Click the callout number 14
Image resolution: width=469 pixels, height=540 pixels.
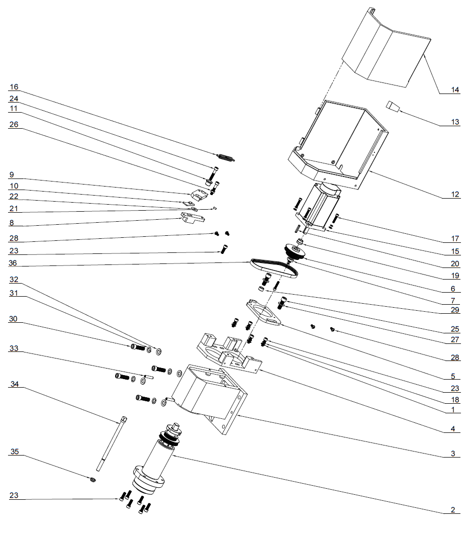454,91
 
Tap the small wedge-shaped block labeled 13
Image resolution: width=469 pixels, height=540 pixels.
394,107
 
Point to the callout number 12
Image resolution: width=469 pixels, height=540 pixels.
454,195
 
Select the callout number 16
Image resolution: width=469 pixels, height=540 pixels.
14,86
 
